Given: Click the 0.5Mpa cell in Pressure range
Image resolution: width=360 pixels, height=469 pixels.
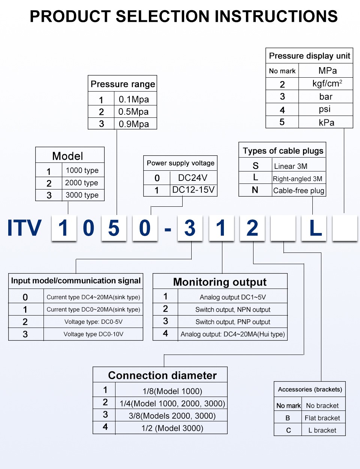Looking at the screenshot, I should (133, 112).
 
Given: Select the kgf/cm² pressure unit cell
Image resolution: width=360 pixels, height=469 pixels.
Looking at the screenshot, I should (327, 83).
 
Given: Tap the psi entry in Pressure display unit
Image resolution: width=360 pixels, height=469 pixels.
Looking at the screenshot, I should (325, 109).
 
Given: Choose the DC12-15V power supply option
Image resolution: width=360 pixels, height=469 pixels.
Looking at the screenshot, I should (193, 190).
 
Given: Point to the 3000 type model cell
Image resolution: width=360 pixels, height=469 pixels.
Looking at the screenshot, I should (82, 195).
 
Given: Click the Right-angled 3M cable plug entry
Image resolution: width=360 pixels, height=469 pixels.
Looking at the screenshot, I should (298, 179).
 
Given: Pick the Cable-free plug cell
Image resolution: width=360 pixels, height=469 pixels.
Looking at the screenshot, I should (298, 191).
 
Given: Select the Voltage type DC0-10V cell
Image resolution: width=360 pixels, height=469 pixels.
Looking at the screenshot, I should (93, 334).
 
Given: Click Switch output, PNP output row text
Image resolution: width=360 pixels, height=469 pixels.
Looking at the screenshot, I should (232, 322).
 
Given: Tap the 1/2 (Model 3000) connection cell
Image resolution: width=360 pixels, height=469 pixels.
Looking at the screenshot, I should (172, 428).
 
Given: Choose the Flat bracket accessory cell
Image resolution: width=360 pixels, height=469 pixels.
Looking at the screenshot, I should (322, 418).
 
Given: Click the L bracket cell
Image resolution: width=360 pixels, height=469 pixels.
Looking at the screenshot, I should (322, 430).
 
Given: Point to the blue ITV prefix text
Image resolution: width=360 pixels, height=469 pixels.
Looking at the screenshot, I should (24, 228).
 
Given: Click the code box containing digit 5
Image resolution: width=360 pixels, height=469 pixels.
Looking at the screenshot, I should (114, 228).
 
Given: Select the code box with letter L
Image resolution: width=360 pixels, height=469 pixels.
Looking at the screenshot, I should (315, 228).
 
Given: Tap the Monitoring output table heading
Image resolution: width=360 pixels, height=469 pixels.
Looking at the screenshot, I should (220, 282).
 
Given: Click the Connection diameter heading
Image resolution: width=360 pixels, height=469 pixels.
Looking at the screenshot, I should (162, 375).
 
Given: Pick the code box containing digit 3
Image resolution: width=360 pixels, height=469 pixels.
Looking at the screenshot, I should (190, 228).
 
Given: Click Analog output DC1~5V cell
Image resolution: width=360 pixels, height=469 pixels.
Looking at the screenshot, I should (232, 297).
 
